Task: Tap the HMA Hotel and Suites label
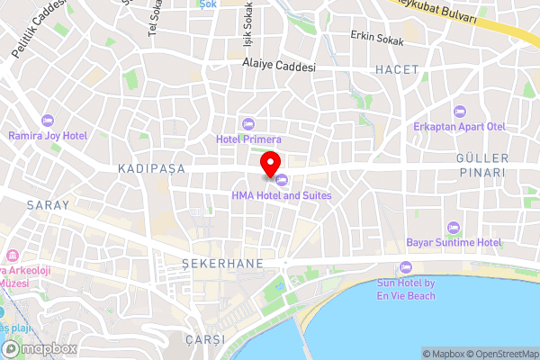(x=282, y=195)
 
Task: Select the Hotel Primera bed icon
(x=249, y=124)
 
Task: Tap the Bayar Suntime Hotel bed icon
(x=453, y=227)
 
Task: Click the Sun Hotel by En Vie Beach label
(x=405, y=288)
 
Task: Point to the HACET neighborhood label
(x=398, y=68)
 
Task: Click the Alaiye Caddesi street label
(x=279, y=66)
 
